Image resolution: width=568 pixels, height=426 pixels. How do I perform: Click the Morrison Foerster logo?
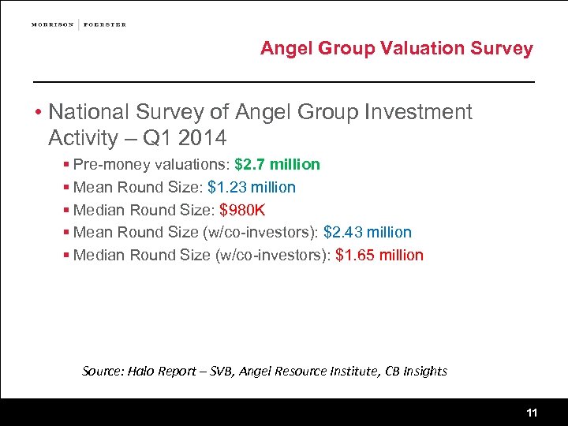coord(79,24)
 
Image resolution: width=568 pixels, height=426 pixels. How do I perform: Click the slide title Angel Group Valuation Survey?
coord(397,48)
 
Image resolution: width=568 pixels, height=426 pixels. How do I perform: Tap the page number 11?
coord(532,413)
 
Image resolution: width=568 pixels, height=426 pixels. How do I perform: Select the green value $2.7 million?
coord(277,164)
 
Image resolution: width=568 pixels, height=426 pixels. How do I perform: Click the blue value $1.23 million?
coord(252,187)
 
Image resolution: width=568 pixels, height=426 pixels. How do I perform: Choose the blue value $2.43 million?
coord(368,232)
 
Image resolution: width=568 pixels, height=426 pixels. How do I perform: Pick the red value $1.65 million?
coord(379,255)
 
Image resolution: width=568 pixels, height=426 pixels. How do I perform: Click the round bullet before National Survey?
coord(37,113)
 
